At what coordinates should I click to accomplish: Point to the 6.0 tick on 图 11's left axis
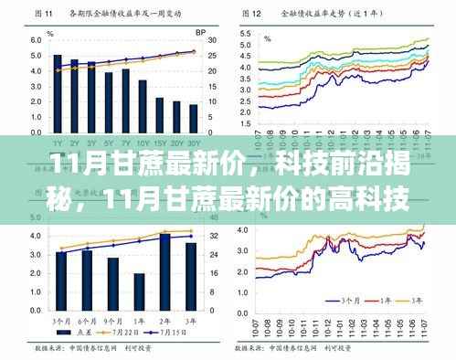coord(36,41)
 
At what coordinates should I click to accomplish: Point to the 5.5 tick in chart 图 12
coord(245,33)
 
